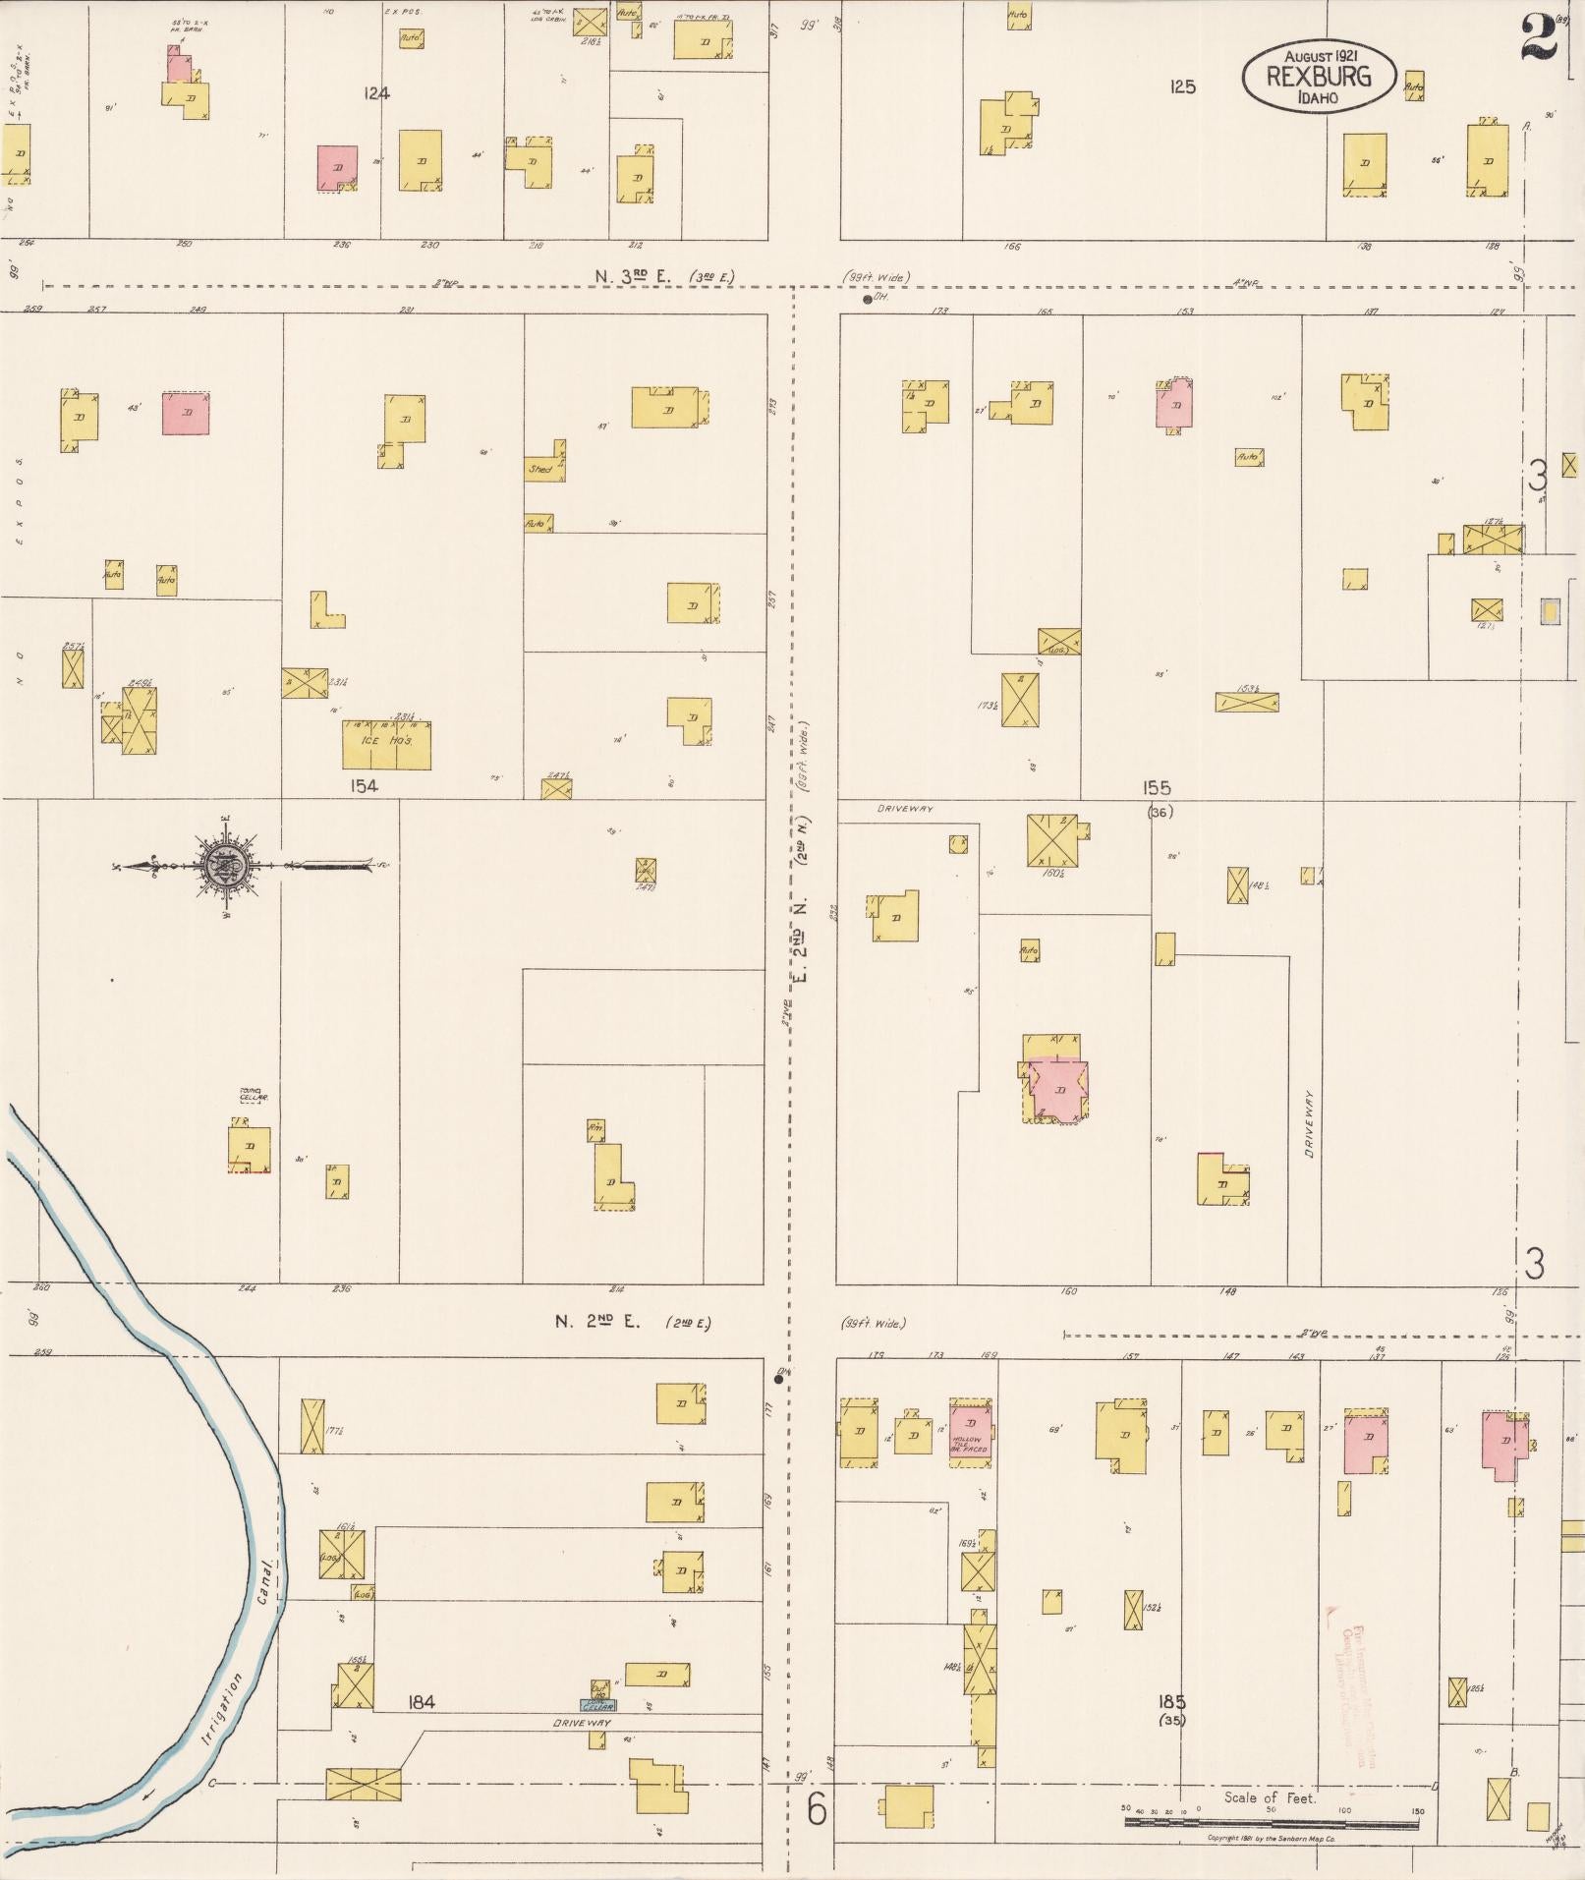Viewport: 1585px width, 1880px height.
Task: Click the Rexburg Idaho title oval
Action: click(1318, 76)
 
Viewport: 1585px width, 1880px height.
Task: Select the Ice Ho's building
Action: click(386, 745)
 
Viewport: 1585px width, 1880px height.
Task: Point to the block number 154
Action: click(362, 786)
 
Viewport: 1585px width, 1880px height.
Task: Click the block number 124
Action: click(375, 94)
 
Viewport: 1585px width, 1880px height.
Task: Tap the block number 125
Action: click(1182, 86)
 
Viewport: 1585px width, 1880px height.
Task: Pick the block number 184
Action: click(421, 1702)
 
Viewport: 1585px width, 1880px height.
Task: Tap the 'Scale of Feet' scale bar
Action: click(1271, 1824)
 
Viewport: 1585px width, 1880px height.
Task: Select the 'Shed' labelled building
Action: click(542, 469)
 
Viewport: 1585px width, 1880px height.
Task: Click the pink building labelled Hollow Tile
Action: click(971, 1433)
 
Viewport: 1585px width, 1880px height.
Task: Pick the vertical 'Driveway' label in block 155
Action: click(1310, 1121)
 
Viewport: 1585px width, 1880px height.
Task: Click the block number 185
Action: click(1171, 1701)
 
